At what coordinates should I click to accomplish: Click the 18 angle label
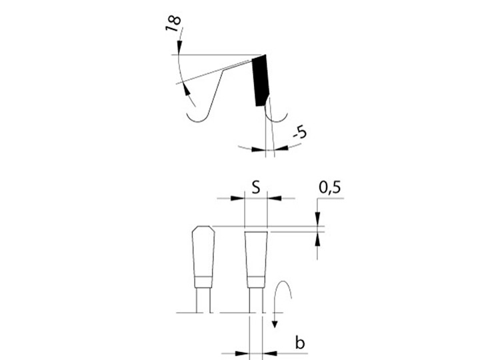[x=173, y=23]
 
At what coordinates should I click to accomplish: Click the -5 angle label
[x=301, y=132]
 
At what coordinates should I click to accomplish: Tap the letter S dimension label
[x=256, y=187]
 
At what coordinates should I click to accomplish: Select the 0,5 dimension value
[x=330, y=187]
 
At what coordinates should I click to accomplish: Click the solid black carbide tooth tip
[x=261, y=81]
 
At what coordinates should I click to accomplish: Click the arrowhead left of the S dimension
[x=237, y=199]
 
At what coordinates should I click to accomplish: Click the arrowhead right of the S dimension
[x=275, y=199]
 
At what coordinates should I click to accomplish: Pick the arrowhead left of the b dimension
[x=242, y=353]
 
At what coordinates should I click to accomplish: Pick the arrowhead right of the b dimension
[x=269, y=353]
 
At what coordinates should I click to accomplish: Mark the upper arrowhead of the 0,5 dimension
[x=317, y=219]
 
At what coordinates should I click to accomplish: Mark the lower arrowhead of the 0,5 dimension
[x=317, y=239]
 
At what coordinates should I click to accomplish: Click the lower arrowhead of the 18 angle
[x=187, y=89]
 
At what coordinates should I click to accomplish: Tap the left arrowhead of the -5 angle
[x=259, y=149]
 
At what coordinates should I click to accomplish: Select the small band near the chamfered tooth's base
[x=203, y=281]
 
